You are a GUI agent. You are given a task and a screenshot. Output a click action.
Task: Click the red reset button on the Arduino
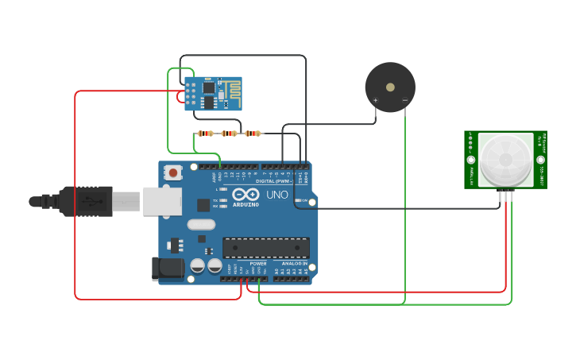173,172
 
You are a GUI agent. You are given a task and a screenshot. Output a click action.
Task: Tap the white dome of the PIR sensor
505,160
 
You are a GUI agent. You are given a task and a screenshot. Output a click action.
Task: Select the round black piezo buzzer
389,87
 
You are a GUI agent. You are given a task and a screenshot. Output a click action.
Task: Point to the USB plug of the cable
83,202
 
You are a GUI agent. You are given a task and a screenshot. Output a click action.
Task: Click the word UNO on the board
277,195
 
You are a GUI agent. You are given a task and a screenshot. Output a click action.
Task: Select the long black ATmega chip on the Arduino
265,248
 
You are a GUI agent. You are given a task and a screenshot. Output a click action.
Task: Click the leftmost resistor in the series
206,134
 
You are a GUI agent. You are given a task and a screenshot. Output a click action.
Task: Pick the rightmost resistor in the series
253,134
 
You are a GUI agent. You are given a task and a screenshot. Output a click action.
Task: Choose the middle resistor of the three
230,134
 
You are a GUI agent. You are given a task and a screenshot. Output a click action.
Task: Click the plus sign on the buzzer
376,100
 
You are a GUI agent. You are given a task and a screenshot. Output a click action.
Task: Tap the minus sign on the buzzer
404,100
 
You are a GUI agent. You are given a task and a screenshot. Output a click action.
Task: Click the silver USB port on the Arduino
162,202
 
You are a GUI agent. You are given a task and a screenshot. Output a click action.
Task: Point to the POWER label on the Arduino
257,263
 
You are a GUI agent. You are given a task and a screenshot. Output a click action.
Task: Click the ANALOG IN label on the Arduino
293,263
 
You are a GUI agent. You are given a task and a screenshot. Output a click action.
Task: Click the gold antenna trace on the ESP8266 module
233,92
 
